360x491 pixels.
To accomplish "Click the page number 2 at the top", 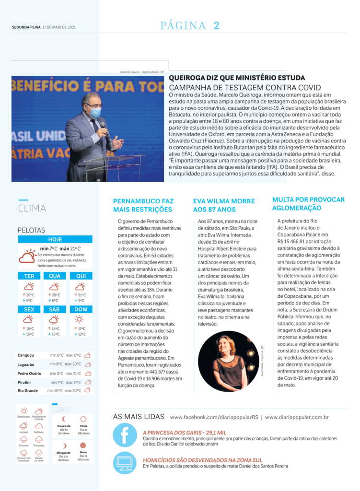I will coord(217,26).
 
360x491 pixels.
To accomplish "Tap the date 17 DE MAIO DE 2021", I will coord(59,27).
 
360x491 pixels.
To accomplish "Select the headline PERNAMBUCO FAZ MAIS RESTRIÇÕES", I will coord(143,205).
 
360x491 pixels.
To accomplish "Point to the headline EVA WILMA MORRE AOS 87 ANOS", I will coord(224,205).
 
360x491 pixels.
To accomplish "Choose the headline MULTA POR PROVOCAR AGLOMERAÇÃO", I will coord(308,204).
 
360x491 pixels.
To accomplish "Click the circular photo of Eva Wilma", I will coord(228,361).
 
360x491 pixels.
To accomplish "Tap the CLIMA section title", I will coord(32,209).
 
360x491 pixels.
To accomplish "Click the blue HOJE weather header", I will coord(55,239).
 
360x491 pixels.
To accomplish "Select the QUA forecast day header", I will coord(55,276).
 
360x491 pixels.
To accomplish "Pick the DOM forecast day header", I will coord(81,309).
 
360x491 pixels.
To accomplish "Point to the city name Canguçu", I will coord(26,355).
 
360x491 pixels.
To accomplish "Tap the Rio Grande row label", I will coord(27,390).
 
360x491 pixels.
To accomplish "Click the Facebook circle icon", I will coord(125,435).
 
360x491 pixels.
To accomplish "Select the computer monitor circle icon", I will coord(125,463).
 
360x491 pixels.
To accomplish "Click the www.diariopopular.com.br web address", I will coord(297,417).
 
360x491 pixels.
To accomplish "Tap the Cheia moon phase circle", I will coord(83,419).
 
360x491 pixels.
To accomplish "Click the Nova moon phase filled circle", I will coord(83,445).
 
